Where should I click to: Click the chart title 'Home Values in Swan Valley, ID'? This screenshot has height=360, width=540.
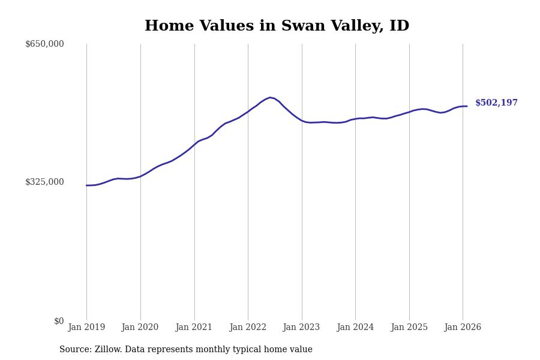tap(277, 26)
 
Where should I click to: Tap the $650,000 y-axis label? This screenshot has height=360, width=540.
tap(44, 44)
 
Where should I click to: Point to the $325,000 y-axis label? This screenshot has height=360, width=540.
tap(44, 182)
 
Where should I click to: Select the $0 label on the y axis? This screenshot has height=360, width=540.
tap(59, 321)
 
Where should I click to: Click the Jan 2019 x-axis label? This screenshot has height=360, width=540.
tap(86, 328)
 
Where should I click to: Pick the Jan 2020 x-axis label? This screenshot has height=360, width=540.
tap(140, 328)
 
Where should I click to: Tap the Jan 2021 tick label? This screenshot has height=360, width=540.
tap(194, 328)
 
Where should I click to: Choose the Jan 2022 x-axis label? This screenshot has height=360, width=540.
tap(248, 328)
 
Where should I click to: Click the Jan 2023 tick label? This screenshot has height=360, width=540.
tap(302, 328)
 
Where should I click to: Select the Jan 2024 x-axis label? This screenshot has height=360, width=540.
tap(355, 328)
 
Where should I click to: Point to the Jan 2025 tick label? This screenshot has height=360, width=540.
tap(409, 328)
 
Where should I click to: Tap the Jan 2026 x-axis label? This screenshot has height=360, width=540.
tap(463, 328)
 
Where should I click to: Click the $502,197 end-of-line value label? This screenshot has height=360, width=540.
tap(496, 103)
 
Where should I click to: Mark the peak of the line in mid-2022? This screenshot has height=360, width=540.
tap(270, 97)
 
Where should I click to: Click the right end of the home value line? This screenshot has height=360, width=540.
tap(467, 106)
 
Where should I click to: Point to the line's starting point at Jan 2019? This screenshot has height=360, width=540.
tap(86, 185)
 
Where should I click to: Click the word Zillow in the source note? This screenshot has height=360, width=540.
tap(107, 350)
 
